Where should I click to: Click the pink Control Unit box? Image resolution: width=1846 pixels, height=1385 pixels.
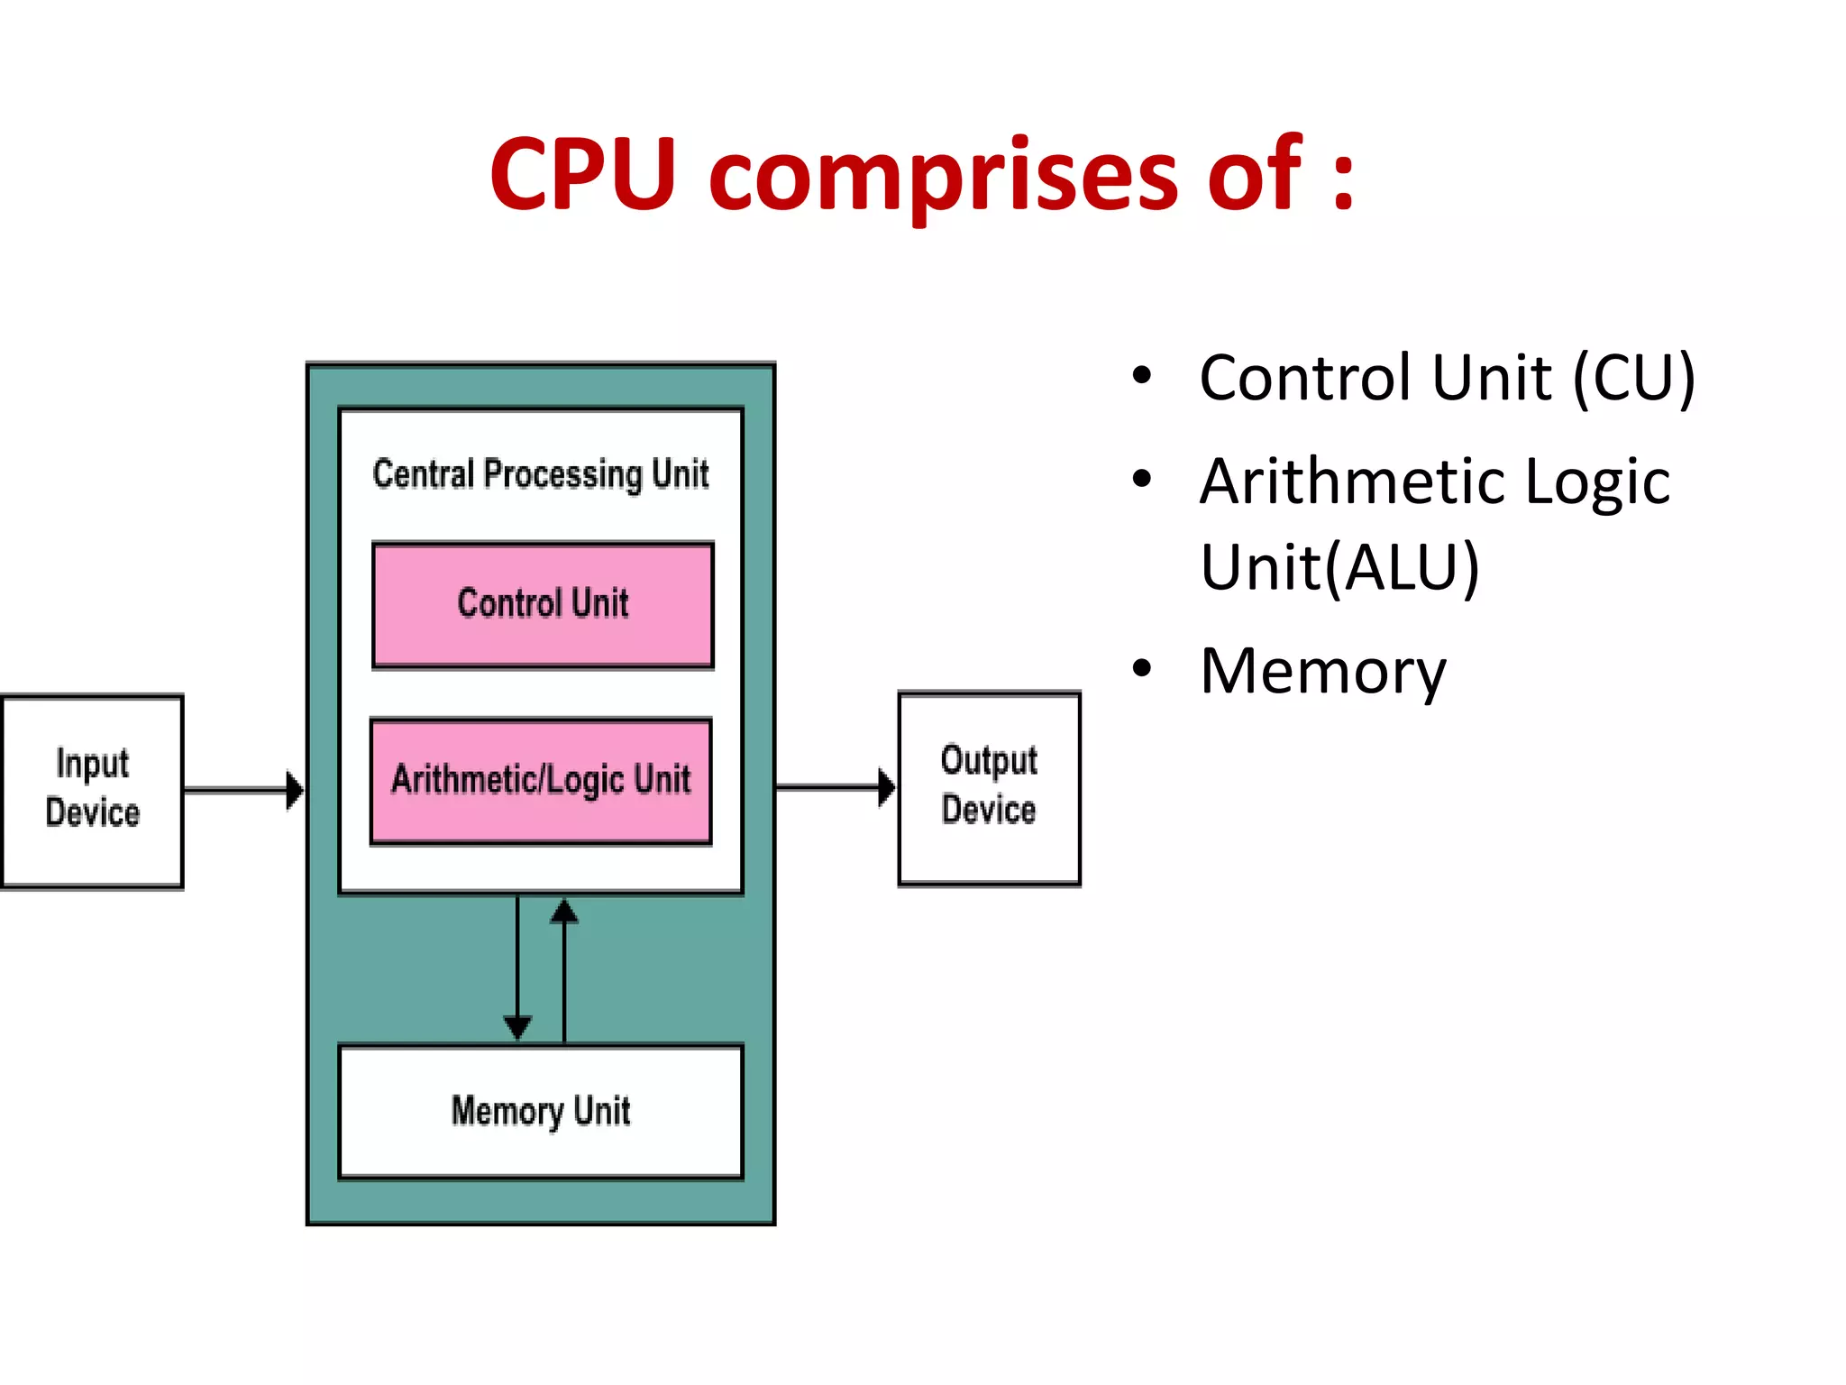tap(543, 605)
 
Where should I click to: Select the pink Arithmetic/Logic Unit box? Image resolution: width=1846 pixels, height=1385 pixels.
tap(541, 781)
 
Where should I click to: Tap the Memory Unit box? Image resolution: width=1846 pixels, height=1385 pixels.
tap(541, 1112)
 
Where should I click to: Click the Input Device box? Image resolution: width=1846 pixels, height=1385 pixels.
tap(92, 791)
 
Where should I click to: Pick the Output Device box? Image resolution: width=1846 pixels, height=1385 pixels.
tap(989, 787)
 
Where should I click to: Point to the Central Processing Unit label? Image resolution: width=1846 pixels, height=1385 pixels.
tap(541, 474)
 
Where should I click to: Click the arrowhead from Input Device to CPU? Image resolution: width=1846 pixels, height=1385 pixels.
tap(294, 791)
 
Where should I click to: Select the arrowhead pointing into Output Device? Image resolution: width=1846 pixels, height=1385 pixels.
tap(887, 787)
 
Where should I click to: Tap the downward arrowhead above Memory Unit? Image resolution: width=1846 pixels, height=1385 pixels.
tap(517, 1027)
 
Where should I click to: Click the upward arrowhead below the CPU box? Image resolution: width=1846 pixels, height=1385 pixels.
tap(564, 911)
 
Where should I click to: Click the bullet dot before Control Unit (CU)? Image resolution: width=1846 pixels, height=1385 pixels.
tap(1142, 376)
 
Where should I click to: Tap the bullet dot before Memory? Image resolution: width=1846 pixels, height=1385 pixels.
tap(1142, 669)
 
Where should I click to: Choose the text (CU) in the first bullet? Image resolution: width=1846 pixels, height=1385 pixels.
tap(1633, 378)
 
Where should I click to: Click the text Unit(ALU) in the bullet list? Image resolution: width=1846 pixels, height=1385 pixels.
tap(1339, 567)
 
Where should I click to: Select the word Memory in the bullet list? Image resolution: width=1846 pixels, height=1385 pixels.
tap(1322, 672)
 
